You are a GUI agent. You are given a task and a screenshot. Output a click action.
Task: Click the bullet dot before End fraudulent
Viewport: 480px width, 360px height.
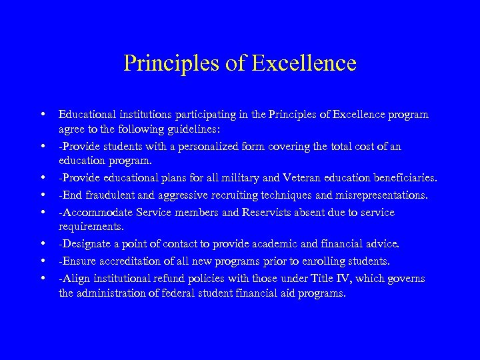pyautogui.click(x=42, y=196)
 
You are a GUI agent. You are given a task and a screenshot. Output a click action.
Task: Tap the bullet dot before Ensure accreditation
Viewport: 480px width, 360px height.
pyautogui.click(x=42, y=261)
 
